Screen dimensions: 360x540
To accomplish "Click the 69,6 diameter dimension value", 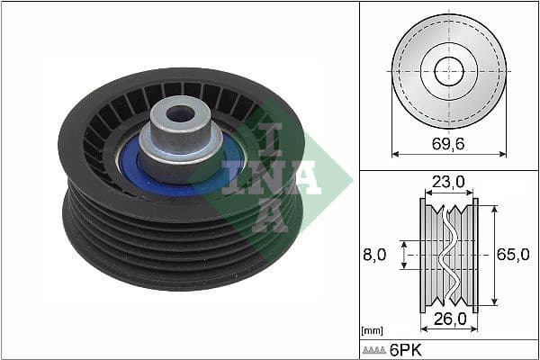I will [x=448, y=142].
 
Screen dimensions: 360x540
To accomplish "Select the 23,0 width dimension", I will [x=448, y=182].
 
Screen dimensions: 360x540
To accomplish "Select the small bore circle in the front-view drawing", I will [x=448, y=70].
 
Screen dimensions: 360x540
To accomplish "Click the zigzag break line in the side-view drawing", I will [x=447, y=255].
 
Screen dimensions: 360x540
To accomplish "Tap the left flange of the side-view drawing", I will [x=422, y=255].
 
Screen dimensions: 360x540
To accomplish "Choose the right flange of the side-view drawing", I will [x=475, y=255].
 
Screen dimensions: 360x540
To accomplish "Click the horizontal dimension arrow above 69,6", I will [x=448, y=154].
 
